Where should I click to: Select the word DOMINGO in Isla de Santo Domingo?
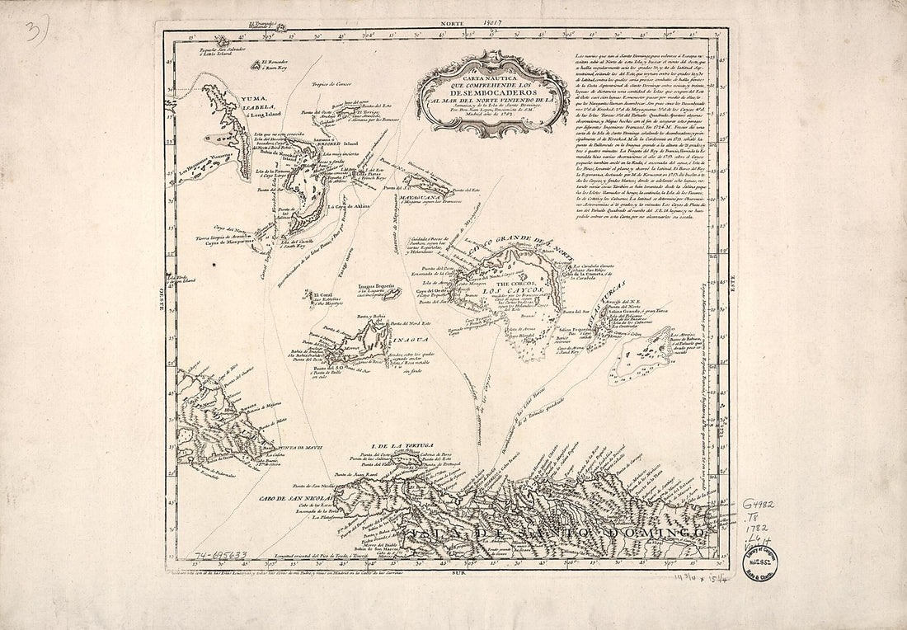coord(660,534)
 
